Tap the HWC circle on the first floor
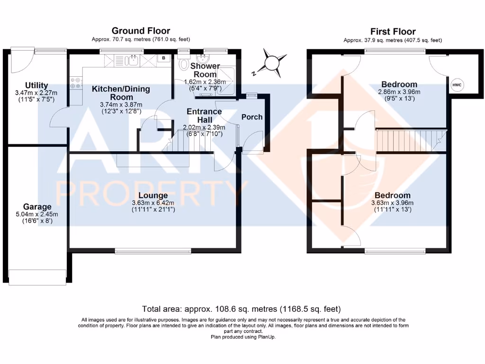(x=457, y=85)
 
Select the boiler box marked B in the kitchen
(x=164, y=58)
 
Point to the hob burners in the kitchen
(x=75, y=84)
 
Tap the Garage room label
(x=37, y=207)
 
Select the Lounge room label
(x=153, y=195)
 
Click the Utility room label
(x=30, y=85)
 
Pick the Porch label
(x=252, y=117)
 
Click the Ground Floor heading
(x=141, y=31)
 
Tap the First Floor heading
(x=393, y=32)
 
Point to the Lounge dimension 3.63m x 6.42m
(x=153, y=203)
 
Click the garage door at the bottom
(x=37, y=277)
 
